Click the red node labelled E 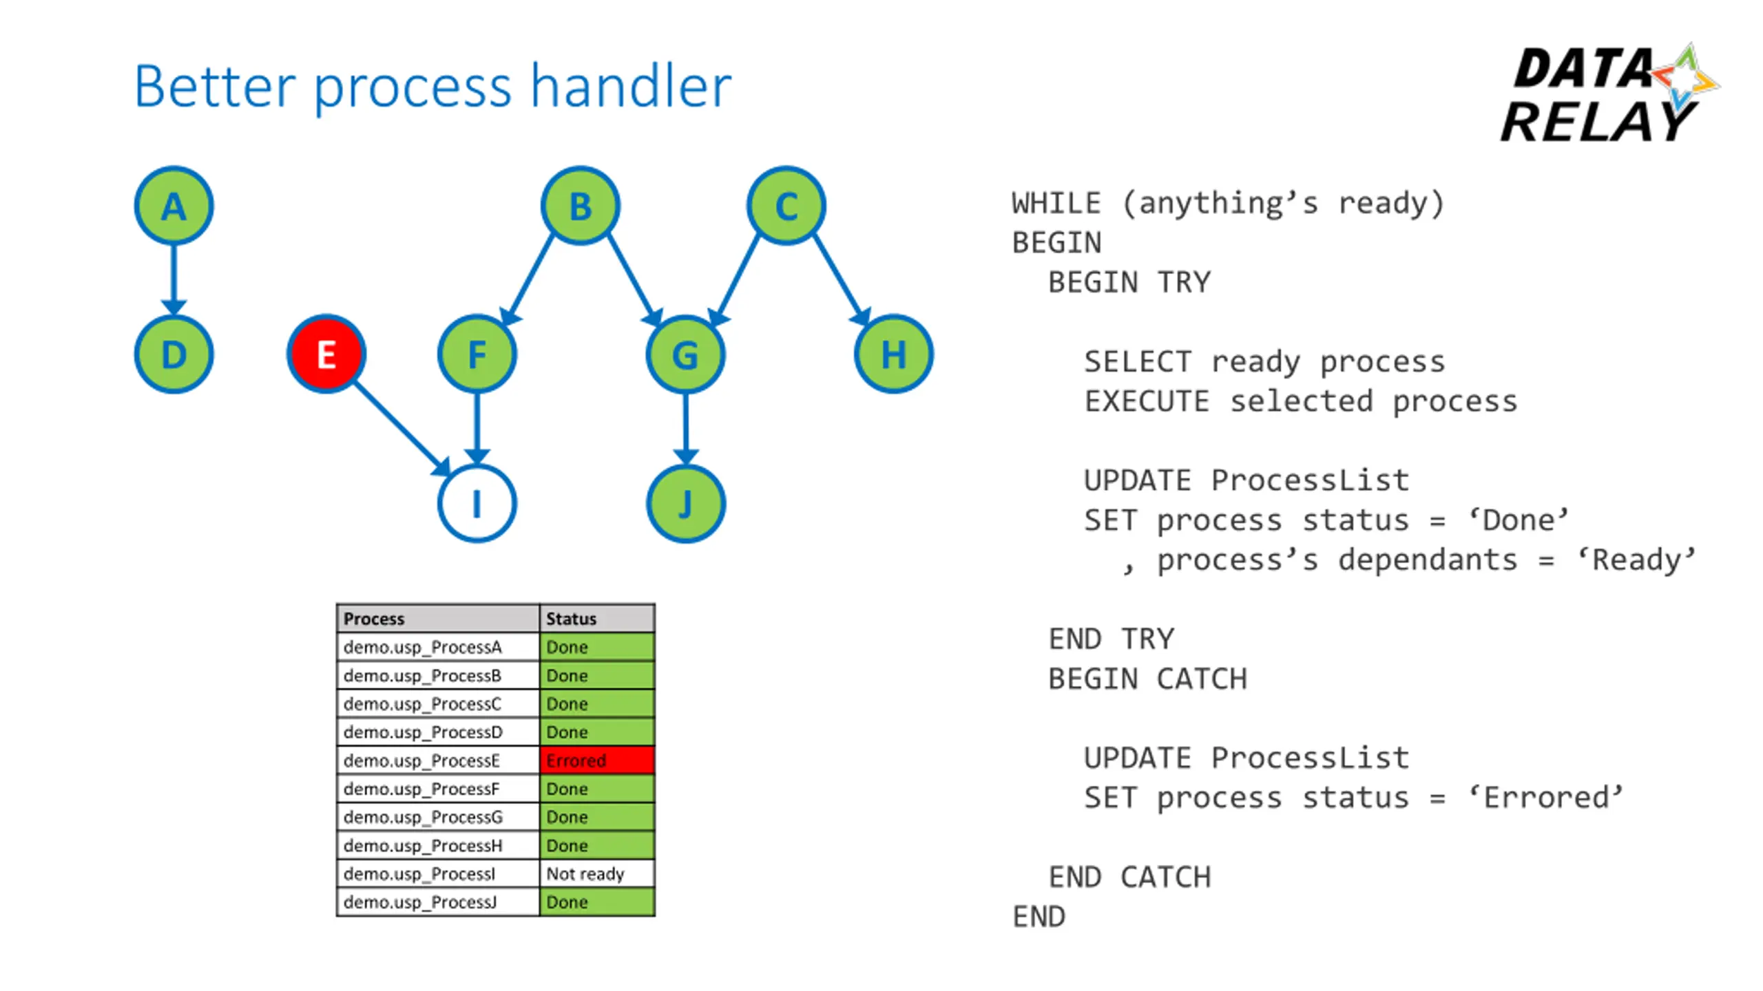point(326,354)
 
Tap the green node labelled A point(174,206)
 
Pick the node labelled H point(893,354)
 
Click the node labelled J point(685,504)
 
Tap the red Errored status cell point(597,760)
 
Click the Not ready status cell point(597,873)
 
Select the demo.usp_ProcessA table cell point(438,647)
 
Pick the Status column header point(597,619)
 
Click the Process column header point(438,619)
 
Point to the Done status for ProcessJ point(597,902)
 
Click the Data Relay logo point(1608,93)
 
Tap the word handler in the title point(631,87)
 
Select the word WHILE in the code point(1056,204)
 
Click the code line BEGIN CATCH point(1147,679)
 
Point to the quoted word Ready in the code point(1637,560)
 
